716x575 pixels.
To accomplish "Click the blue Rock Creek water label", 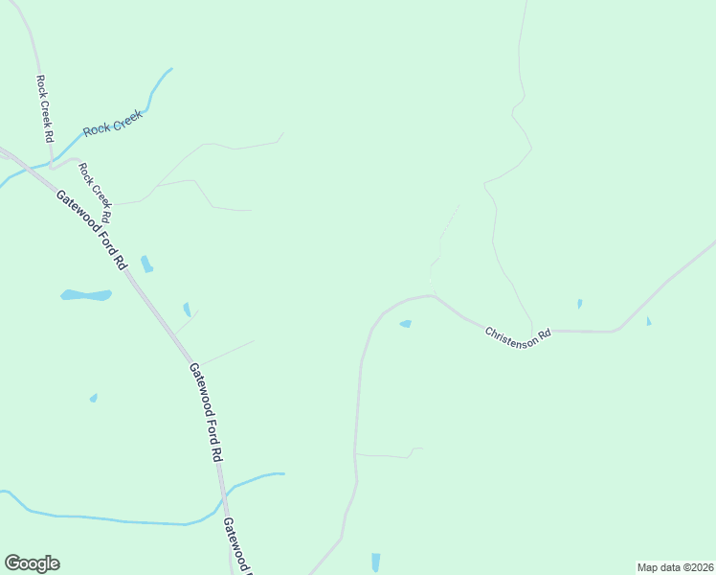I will (113, 122).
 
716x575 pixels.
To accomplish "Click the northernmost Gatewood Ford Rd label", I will (91, 229).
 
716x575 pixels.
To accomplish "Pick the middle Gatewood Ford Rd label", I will (205, 413).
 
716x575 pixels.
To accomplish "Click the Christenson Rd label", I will (518, 336).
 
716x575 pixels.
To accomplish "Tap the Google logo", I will (32, 563).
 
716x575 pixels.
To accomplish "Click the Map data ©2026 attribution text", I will (675, 567).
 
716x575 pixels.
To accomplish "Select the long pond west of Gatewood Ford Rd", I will (86, 295).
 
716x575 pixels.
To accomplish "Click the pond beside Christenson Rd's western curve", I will (405, 324).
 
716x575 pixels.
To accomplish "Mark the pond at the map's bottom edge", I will (375, 563).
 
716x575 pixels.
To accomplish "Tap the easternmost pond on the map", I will (648, 321).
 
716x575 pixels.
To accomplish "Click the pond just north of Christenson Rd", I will (580, 304).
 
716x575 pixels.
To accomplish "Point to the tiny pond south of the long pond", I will (93, 398).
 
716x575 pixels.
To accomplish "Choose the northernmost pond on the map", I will (146, 264).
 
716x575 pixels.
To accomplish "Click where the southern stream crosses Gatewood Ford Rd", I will (223, 495).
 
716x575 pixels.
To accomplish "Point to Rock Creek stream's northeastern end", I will (171, 69).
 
